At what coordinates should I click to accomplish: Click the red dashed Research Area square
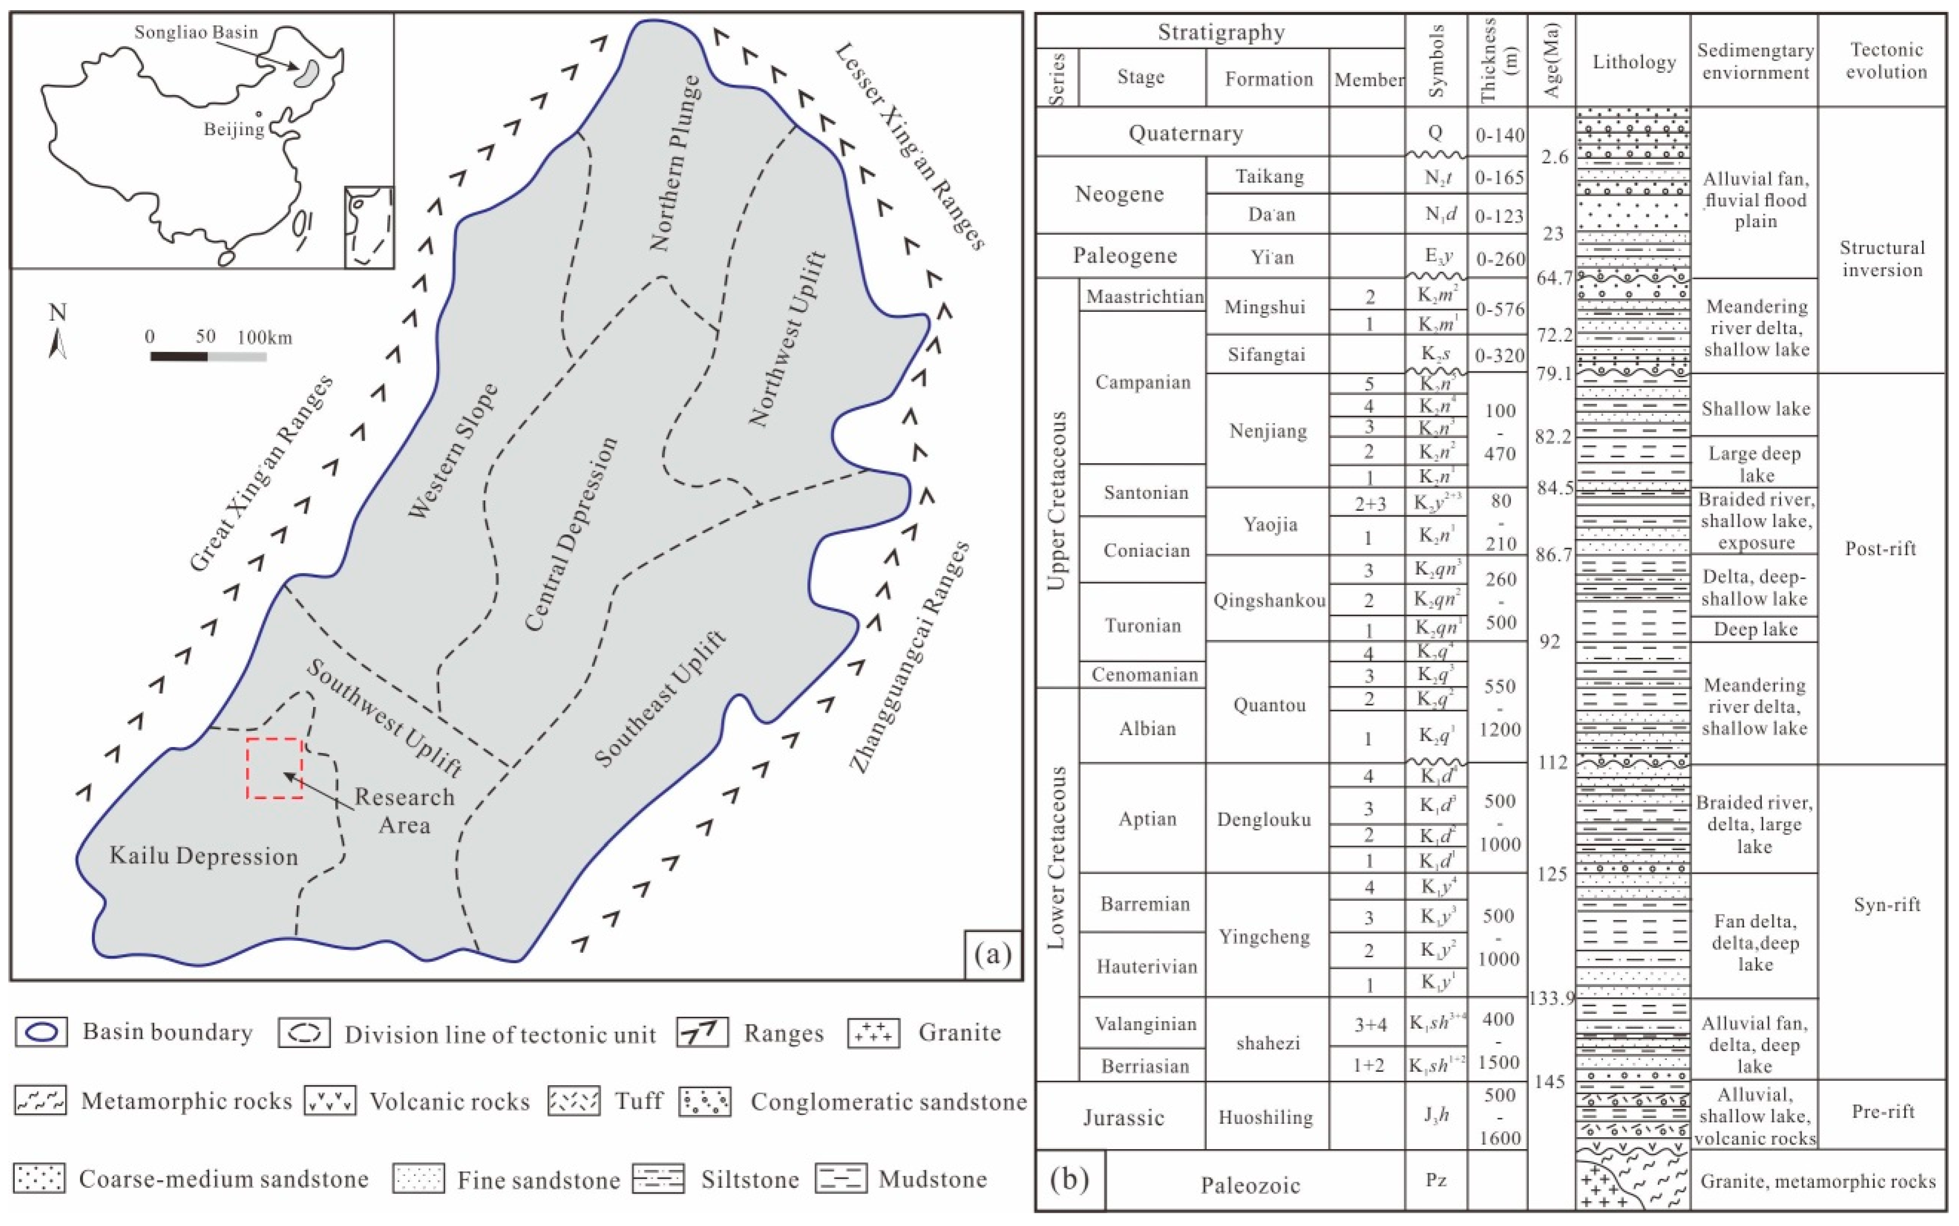click(275, 768)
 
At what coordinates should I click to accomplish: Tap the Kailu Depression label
click(203, 856)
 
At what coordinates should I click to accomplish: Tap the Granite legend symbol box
click(874, 1033)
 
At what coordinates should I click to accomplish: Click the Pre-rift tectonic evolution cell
click(1883, 1112)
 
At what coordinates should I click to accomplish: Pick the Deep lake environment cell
click(1755, 629)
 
